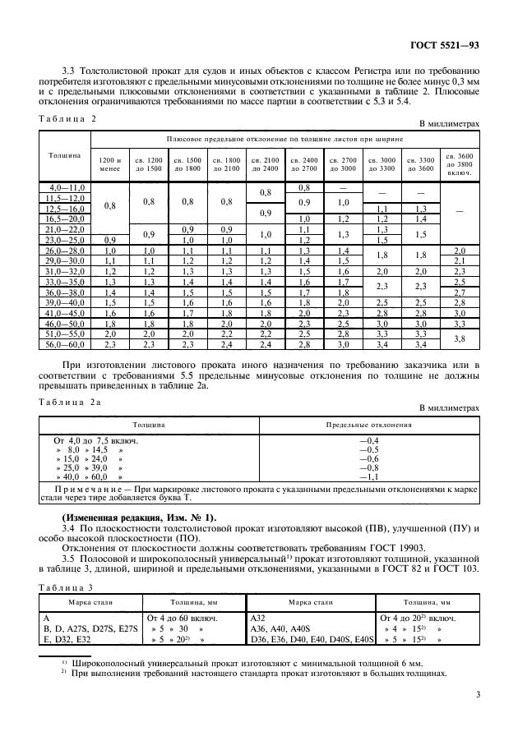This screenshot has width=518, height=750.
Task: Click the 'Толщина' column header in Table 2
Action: (x=64, y=154)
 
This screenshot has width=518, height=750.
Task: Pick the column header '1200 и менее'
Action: (x=109, y=163)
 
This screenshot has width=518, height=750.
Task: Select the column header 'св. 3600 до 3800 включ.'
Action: (x=459, y=163)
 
